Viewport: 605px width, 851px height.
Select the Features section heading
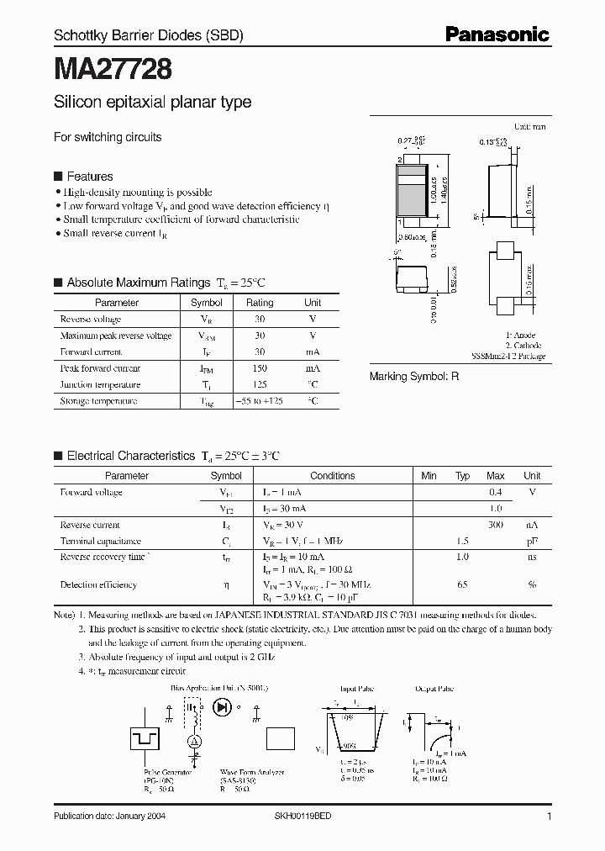(x=89, y=177)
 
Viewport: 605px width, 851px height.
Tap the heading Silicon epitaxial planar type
(x=152, y=103)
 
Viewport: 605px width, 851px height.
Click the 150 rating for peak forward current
(x=260, y=368)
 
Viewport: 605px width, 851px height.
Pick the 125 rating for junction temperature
(x=260, y=385)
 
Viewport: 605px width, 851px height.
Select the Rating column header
(x=260, y=303)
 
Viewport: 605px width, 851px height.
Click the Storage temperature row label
(x=98, y=401)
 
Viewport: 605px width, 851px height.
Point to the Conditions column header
(x=332, y=476)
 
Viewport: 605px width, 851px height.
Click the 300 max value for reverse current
(x=496, y=526)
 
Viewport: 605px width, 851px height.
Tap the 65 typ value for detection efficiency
(x=462, y=584)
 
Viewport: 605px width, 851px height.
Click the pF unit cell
(x=532, y=542)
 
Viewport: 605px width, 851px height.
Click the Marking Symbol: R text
(x=414, y=377)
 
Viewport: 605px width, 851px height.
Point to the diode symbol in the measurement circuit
(x=224, y=706)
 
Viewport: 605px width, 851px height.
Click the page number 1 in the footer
(x=548, y=817)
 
